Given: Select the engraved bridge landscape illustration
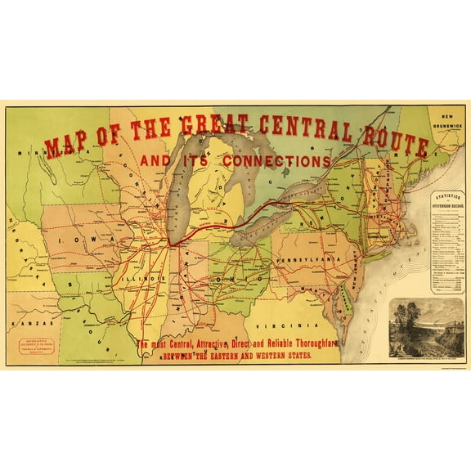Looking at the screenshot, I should pos(426,326).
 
